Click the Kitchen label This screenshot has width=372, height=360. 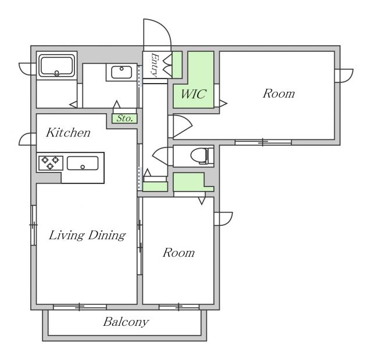(69, 132)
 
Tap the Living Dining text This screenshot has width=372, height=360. (87, 235)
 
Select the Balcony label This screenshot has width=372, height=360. (126, 322)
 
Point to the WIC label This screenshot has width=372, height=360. (194, 94)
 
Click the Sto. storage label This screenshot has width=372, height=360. (124, 118)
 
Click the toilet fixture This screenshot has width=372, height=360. (202, 156)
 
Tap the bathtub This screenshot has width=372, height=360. (57, 66)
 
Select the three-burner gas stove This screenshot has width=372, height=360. (51, 163)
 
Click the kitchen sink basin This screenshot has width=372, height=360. (83, 163)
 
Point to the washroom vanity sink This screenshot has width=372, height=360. (121, 72)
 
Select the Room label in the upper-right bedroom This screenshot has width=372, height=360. (279, 93)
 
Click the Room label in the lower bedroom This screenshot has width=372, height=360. (178, 253)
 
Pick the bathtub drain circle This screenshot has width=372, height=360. (57, 73)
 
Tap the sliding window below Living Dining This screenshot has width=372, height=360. (80, 307)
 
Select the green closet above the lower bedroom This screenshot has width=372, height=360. (194, 182)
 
